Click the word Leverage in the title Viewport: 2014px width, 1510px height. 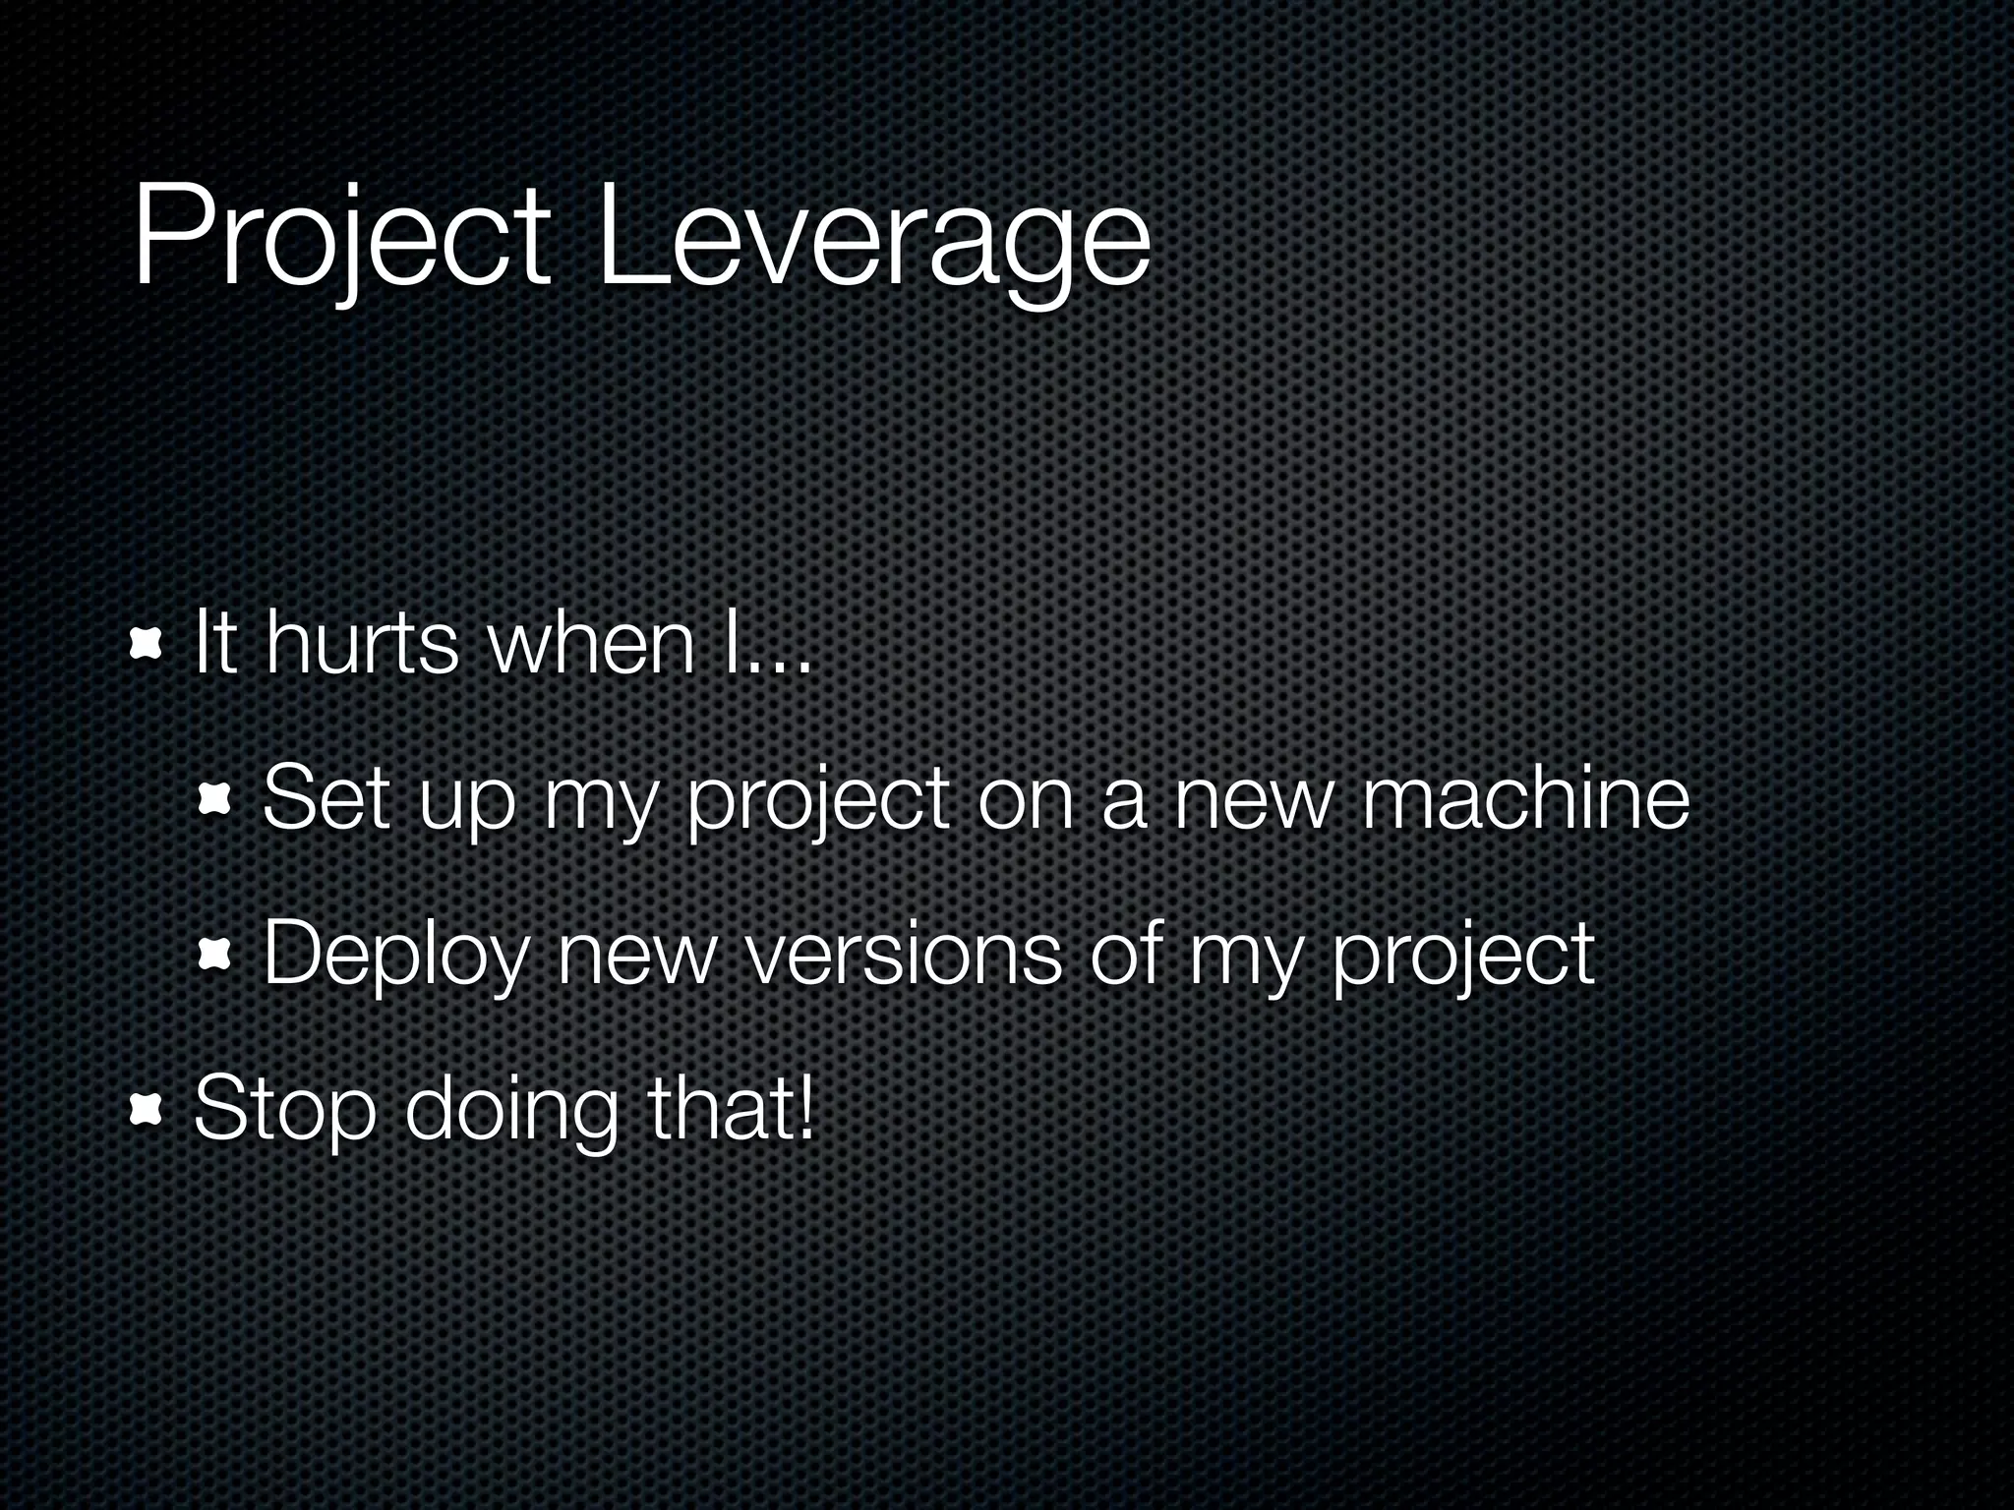coord(873,241)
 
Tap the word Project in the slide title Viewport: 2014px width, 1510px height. coord(339,241)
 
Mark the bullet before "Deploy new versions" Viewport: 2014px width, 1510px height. coord(214,953)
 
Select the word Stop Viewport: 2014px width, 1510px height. coord(285,1111)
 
